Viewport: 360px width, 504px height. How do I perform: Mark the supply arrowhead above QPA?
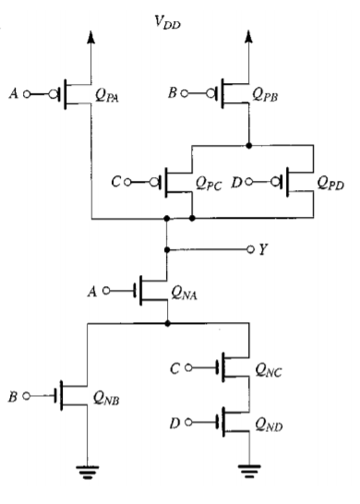pos(90,35)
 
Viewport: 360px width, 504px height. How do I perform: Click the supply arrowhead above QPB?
pos(249,35)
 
